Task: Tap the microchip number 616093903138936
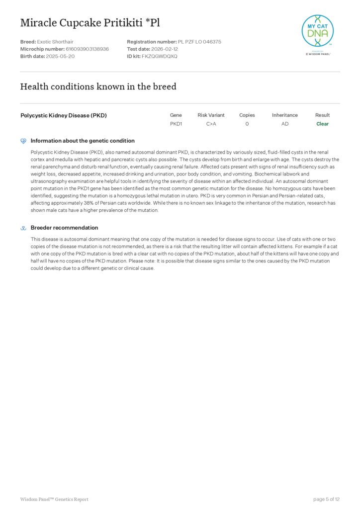coord(87,49)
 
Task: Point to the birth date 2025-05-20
coord(60,56)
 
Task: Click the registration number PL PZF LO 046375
coord(199,42)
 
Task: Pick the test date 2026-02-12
coord(166,49)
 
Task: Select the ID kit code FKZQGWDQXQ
coord(159,56)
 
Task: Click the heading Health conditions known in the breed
coord(98,86)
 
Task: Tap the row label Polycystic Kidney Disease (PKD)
coord(64,115)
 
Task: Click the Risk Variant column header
coord(211,115)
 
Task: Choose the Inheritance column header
coord(284,115)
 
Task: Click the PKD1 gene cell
coord(176,124)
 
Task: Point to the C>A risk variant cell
coord(211,124)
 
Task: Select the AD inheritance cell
coord(284,124)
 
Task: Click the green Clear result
coord(322,124)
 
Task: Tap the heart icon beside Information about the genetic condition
coord(23,141)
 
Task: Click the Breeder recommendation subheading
coord(64,228)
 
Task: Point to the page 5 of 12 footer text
coord(326,499)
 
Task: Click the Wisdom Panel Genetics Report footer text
coord(54,499)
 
